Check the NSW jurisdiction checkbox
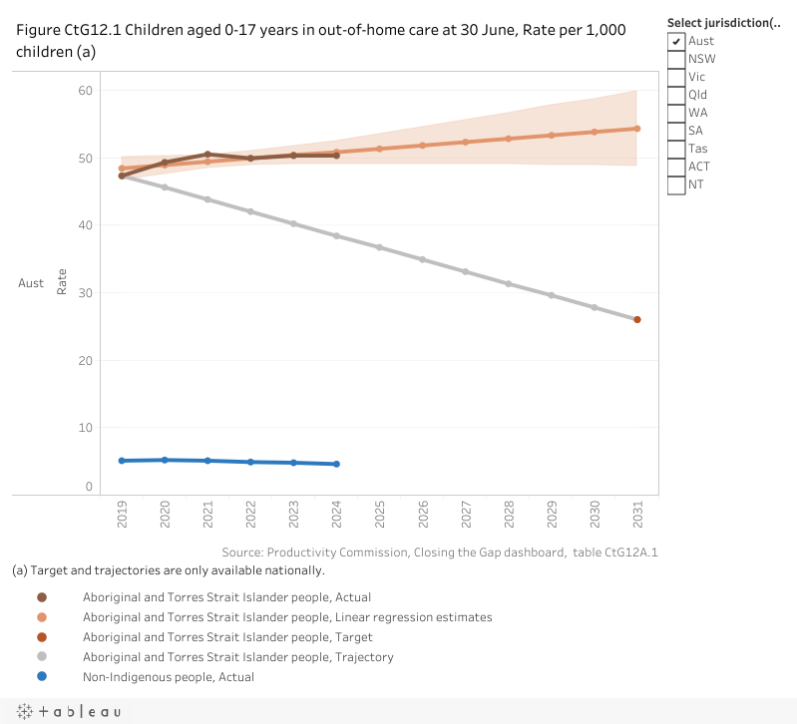tap(676, 59)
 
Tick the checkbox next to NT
tap(676, 184)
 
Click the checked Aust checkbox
tap(676, 41)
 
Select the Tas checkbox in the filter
tap(676, 149)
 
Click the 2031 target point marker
tap(636, 319)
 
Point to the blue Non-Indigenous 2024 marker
tap(337, 464)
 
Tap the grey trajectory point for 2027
tap(465, 271)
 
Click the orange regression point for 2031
tap(636, 128)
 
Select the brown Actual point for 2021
tap(207, 155)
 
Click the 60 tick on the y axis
tap(85, 91)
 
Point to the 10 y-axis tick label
tap(85, 428)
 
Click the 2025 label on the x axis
tap(380, 515)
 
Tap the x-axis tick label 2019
tap(122, 515)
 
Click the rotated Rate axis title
tap(62, 282)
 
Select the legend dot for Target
tap(42, 637)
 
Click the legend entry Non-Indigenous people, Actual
tap(168, 677)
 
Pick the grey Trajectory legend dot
tap(42, 657)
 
